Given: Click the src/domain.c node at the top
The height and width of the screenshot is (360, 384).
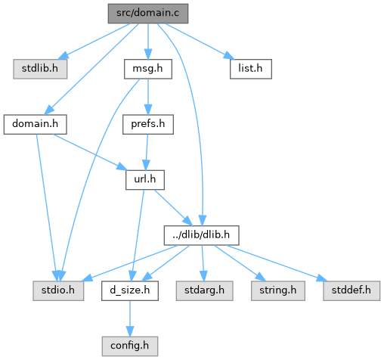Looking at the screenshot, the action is tap(148, 14).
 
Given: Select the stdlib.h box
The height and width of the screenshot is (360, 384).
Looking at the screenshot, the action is tap(40, 69).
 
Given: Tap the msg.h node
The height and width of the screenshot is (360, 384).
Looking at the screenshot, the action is tap(148, 69).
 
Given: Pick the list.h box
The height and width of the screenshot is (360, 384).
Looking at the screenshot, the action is tap(251, 69).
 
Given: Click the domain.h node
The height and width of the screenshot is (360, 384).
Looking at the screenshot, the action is tap(35, 125).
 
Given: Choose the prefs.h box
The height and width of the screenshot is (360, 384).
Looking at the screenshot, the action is tap(148, 125).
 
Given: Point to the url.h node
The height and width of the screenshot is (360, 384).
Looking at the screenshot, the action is tap(145, 180).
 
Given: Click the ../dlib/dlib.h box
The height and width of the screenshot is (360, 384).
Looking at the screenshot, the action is tap(201, 235).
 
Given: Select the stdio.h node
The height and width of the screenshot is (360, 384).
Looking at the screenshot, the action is tap(58, 291).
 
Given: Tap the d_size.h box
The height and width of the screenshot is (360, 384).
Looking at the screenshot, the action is tap(130, 291).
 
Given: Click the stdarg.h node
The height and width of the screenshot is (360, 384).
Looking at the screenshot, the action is tap(204, 291).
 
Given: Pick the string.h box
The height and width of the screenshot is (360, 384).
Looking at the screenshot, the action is tap(278, 291).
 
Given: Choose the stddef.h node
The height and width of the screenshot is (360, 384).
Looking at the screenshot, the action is tap(351, 291).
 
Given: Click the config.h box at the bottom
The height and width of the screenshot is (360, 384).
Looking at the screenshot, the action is tap(130, 346).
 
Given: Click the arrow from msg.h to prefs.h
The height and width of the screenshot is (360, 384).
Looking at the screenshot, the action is tap(148, 97).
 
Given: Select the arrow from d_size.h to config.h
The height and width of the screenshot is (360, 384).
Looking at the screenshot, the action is tap(130, 318).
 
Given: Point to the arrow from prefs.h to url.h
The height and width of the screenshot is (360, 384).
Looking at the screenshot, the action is tap(147, 152).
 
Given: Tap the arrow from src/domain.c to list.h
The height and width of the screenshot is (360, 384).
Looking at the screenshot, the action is tap(200, 42).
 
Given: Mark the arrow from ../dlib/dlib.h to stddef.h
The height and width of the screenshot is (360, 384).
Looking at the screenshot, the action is tap(277, 263).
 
